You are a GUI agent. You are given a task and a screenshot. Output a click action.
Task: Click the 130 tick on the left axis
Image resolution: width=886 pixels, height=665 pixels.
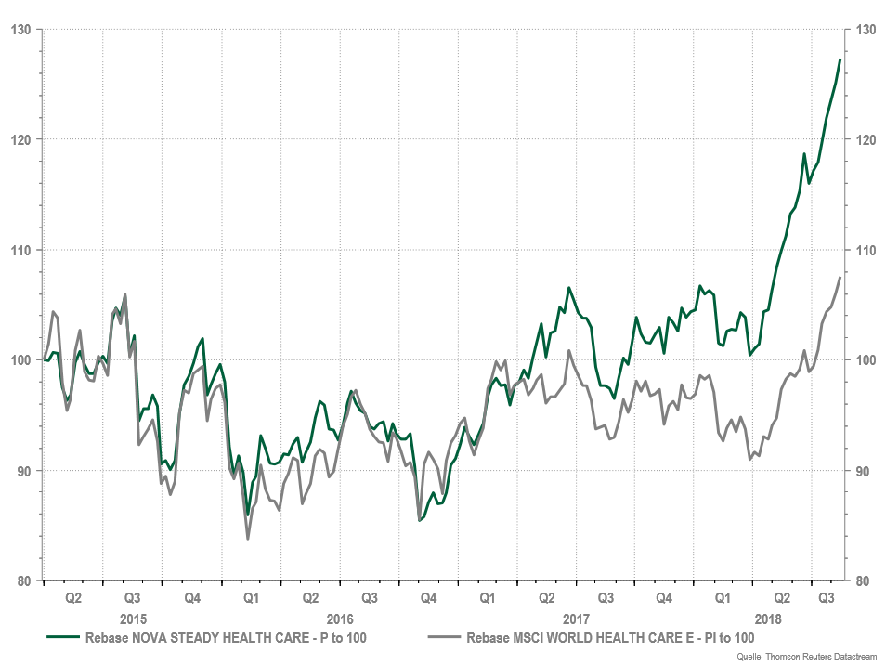click(x=20, y=30)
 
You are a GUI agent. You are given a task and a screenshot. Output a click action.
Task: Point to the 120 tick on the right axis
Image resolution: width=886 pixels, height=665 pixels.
click(x=865, y=140)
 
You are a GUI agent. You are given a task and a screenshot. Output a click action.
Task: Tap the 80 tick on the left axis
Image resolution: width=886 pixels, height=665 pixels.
click(x=23, y=581)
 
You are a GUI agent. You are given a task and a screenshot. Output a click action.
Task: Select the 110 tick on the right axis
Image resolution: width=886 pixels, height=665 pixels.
click(x=865, y=251)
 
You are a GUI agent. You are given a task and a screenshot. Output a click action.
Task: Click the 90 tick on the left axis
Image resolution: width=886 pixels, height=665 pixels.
click(x=23, y=471)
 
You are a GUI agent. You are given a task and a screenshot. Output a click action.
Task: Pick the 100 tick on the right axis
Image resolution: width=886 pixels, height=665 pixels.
click(x=865, y=360)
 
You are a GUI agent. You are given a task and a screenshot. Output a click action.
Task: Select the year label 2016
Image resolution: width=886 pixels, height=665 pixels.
click(x=340, y=619)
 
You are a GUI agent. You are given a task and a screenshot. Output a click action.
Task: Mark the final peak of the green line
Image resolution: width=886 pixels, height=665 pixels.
click(x=840, y=59)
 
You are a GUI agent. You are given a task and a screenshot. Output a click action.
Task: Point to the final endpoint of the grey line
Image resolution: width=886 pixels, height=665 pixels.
click(x=840, y=278)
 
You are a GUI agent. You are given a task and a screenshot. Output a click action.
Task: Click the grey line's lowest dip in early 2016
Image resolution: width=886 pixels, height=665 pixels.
click(x=248, y=539)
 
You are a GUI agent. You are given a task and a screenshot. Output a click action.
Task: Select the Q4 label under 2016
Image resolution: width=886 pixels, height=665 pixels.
click(x=428, y=599)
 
